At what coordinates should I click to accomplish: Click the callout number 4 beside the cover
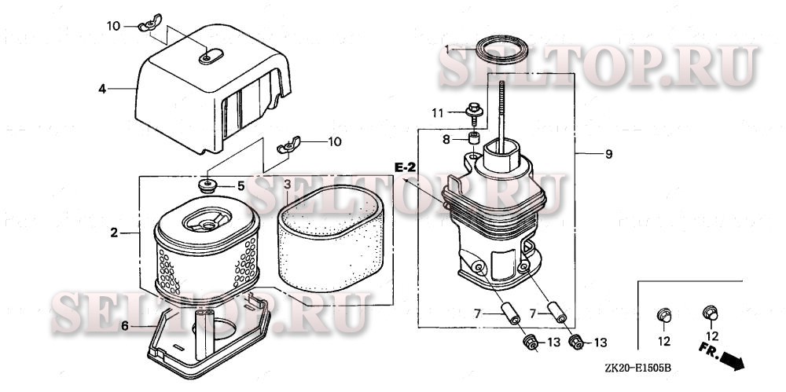click(x=102, y=89)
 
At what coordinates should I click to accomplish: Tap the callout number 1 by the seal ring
click(x=447, y=49)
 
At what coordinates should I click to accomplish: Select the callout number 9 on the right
click(x=608, y=154)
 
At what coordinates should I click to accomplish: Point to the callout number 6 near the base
click(x=125, y=327)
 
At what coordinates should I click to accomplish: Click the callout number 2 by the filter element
click(x=114, y=233)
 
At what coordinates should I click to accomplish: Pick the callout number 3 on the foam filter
click(x=287, y=185)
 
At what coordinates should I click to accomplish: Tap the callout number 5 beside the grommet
click(x=241, y=186)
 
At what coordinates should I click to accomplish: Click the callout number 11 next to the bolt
click(x=438, y=113)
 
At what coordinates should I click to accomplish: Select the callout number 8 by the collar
click(x=446, y=139)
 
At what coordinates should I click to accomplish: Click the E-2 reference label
click(x=405, y=167)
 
